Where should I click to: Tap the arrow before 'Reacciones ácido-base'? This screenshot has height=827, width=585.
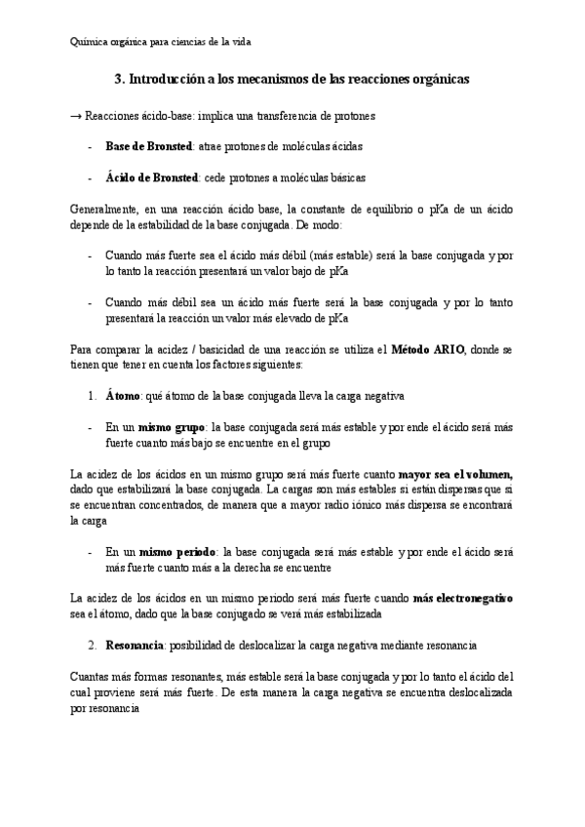77,116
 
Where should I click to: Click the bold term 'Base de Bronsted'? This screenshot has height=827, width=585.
149,146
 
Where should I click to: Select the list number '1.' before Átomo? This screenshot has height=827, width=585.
91,396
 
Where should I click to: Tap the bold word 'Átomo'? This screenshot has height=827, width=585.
123,396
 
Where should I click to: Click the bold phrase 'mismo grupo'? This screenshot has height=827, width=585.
171,427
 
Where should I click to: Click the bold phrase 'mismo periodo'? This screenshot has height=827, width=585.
175,550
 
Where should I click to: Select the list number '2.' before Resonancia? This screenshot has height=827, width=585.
91,645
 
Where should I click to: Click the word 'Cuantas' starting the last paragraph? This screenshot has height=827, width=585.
94,677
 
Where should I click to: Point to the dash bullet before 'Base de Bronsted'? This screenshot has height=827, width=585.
90,146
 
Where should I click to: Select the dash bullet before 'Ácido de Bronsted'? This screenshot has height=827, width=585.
90,177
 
